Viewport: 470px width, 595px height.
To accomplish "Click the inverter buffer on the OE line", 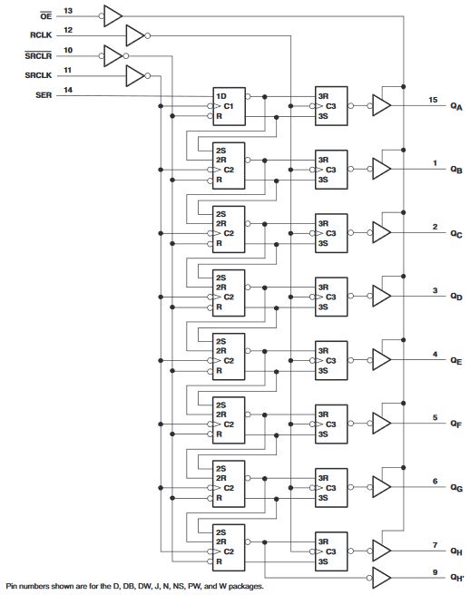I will (x=113, y=15).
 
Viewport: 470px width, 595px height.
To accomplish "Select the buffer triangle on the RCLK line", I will (x=134, y=34).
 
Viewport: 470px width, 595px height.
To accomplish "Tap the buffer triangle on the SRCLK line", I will (x=134, y=74).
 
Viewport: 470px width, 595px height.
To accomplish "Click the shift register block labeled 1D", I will (x=230, y=106).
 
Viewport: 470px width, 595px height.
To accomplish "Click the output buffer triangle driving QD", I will (x=382, y=297).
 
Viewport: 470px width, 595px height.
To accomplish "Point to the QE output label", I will (x=455, y=361).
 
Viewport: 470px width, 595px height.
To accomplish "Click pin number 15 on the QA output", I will (x=434, y=98).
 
